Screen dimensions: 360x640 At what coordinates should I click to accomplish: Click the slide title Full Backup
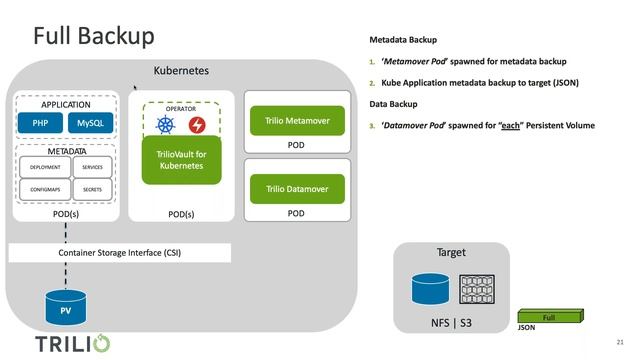point(93,36)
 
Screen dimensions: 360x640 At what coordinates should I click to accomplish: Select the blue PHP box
point(41,124)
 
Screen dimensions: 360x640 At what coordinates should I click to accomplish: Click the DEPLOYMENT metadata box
point(44,167)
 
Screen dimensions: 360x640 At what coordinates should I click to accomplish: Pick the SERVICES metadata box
point(92,167)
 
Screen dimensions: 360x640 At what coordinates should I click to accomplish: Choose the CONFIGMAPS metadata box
point(44,188)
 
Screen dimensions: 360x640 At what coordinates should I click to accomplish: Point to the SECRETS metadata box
point(92,188)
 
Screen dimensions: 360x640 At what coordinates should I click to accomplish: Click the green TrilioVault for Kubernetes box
point(181,160)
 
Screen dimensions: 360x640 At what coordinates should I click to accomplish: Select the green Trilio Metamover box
point(296,121)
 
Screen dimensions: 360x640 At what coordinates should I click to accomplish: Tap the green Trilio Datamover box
point(296,189)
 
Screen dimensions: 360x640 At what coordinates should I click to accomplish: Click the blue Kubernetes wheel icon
point(166,125)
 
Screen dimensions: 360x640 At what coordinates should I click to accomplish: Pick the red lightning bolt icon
point(196,125)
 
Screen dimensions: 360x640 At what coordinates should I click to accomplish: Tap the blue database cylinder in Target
point(430,290)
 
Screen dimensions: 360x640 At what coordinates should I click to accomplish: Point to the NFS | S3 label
point(452,324)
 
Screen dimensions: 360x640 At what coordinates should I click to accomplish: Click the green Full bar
point(548,318)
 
